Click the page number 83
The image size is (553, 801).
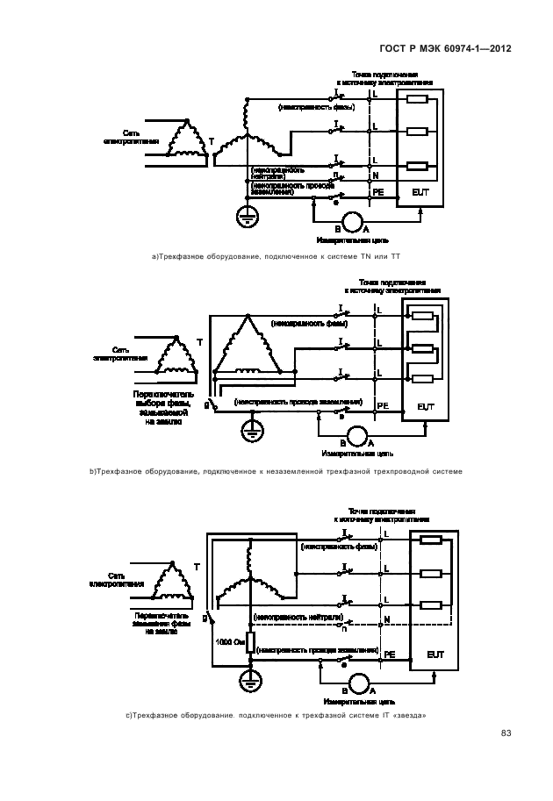pyautogui.click(x=506, y=733)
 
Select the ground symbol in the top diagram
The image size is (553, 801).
pyautogui.click(x=247, y=213)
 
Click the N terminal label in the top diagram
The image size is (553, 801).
pyautogui.click(x=375, y=175)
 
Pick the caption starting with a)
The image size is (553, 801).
pyautogui.click(x=269, y=256)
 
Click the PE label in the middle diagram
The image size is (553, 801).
pyautogui.click(x=382, y=405)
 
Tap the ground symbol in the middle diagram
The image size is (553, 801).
pyautogui.click(x=253, y=429)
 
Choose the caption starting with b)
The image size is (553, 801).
pyautogui.click(x=276, y=472)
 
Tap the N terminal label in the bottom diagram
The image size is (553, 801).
pyautogui.click(x=387, y=620)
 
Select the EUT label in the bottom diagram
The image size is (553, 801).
pyautogui.click(x=435, y=654)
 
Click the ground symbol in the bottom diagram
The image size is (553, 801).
pyautogui.click(x=249, y=680)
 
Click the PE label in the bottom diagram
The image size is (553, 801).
pyautogui.click(x=389, y=654)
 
